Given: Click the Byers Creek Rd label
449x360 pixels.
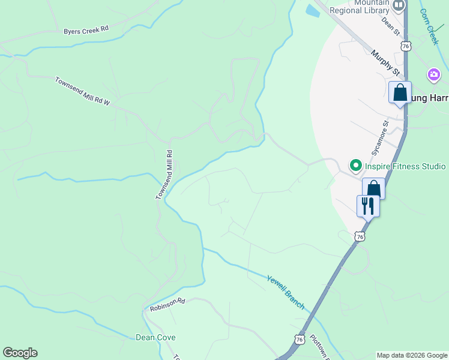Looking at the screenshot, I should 86,29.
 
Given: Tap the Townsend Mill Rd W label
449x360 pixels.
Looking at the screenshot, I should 83,91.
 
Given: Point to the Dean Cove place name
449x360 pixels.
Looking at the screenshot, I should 155,338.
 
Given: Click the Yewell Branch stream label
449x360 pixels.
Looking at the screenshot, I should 286,292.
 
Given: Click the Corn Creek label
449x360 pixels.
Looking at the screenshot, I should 429,26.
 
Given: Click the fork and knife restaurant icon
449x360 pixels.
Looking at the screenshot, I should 367,205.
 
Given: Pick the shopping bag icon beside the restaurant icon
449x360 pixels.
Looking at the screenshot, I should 373,188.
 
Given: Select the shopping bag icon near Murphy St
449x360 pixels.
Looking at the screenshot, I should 400,93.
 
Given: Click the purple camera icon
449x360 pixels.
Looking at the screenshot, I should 433,74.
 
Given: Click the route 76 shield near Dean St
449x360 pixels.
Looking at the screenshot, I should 406,46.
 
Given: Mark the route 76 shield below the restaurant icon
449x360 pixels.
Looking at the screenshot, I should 359,237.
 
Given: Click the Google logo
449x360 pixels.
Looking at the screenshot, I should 20,353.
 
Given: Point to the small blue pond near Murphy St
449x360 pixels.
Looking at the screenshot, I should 312,10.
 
